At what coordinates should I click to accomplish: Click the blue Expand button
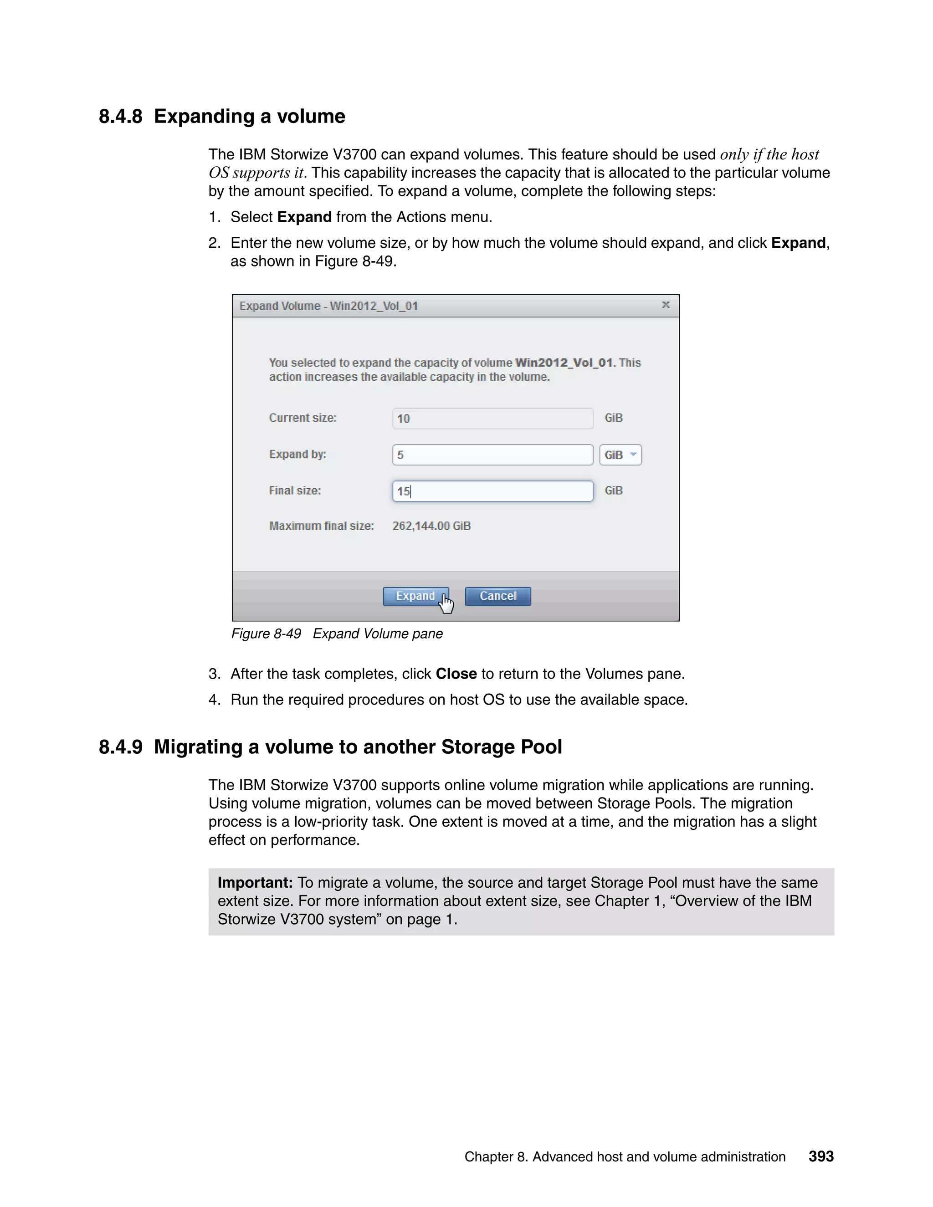tap(415, 596)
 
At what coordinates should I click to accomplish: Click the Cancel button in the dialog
tap(497, 596)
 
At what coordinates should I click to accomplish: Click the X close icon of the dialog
tap(666, 305)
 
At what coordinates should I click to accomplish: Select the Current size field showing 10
tap(492, 419)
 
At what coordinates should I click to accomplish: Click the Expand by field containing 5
tap(492, 455)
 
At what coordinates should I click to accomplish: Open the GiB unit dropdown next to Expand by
tap(620, 455)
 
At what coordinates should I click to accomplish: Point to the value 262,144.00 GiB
tap(431, 526)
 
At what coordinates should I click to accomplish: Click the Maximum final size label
tap(321, 526)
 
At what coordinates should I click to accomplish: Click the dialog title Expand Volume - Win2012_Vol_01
tap(328, 306)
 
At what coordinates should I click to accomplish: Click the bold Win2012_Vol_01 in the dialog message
tap(564, 363)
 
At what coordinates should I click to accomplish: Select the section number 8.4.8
tap(120, 117)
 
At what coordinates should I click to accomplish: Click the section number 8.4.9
tap(120, 747)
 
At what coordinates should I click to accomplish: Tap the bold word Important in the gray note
tap(255, 883)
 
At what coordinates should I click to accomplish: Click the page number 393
tap(821, 1157)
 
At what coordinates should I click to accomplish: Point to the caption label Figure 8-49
tap(266, 634)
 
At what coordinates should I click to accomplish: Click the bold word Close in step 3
tap(456, 674)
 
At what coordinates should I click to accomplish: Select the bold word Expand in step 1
tap(304, 217)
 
